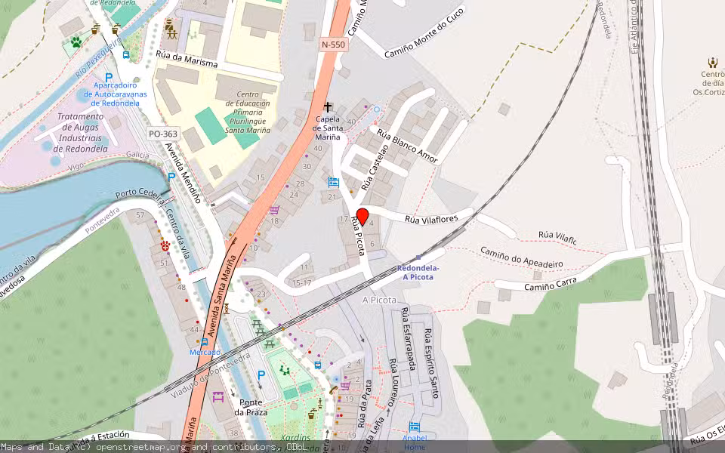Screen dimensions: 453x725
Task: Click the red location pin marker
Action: tap(362, 215)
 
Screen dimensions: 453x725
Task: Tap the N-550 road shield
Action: tap(333, 45)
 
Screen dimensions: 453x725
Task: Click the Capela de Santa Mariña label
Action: tap(327, 128)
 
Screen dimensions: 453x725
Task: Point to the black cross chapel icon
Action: tap(328, 107)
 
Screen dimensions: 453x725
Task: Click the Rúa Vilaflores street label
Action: tap(433, 219)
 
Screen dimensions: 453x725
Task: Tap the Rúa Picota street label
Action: tap(357, 236)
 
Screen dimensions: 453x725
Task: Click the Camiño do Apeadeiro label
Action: tap(522, 257)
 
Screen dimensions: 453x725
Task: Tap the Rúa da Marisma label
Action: tap(187, 59)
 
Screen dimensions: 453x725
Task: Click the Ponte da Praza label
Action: tap(248, 407)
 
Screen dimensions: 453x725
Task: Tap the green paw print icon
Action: tap(76, 42)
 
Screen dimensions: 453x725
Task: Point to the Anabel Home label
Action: tap(415, 442)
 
